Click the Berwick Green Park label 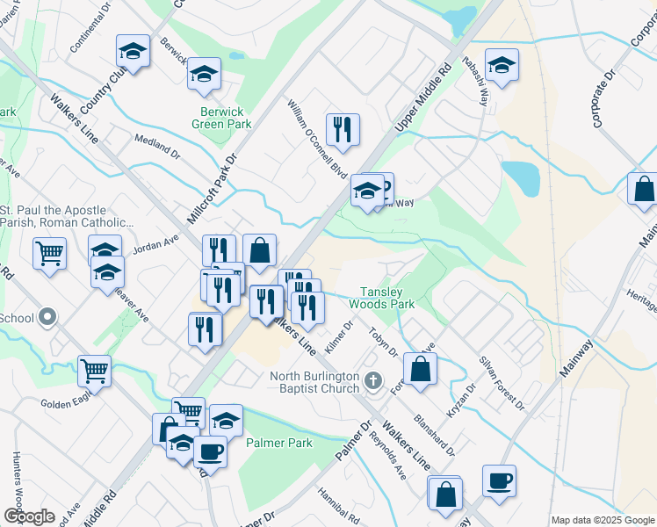pyautogui.click(x=221, y=118)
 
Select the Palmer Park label pyautogui.click(x=279, y=443)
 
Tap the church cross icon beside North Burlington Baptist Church pyautogui.click(x=373, y=380)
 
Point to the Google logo pyautogui.click(x=28, y=516)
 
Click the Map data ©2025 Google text pyautogui.click(x=602, y=520)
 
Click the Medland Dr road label pyautogui.click(x=156, y=146)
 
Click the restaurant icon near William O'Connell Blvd pyautogui.click(x=341, y=129)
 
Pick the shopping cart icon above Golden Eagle pyautogui.click(x=94, y=370)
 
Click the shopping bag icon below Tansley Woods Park pyautogui.click(x=421, y=369)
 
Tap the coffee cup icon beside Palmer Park pyautogui.click(x=209, y=451)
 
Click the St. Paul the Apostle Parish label pyautogui.click(x=65, y=216)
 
